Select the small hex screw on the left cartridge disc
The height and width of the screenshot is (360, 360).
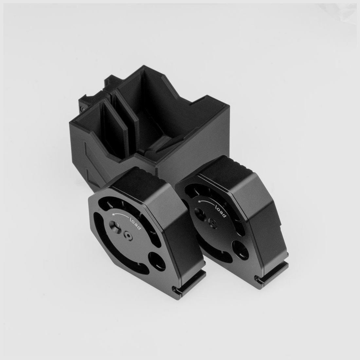click(128, 235)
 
